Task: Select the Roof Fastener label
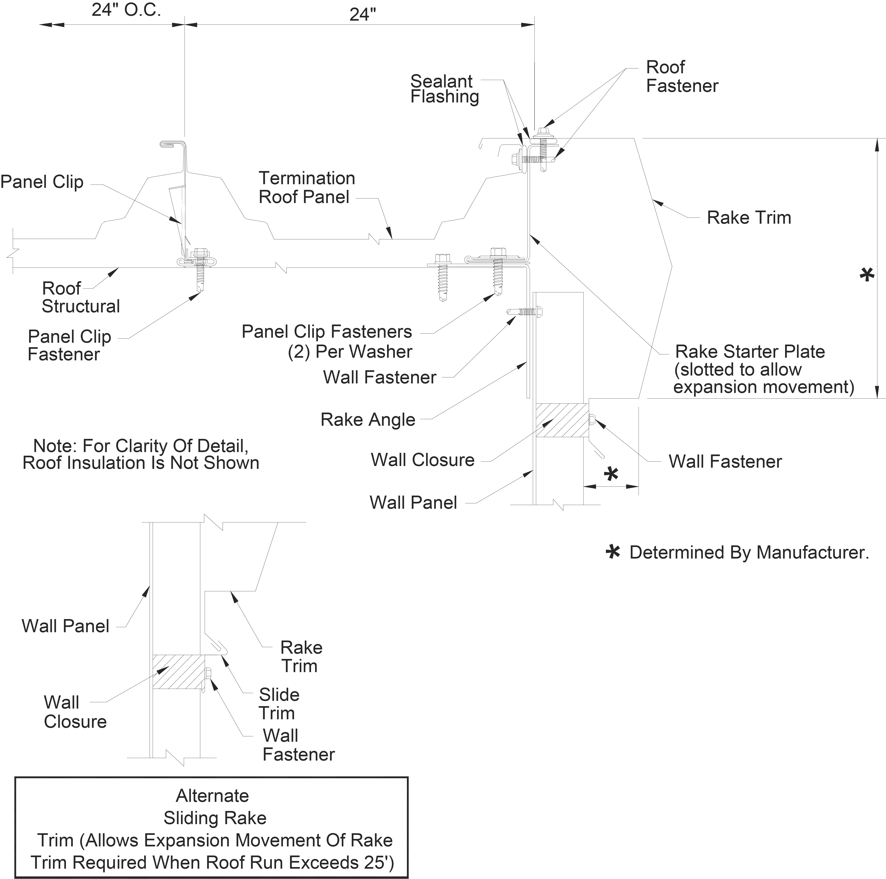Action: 682,77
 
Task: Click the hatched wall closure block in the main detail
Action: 562,420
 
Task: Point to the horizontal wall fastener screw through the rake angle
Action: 525,312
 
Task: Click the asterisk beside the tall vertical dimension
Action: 866,275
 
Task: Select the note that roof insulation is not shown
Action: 141,454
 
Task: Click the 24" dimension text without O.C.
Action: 362,15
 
